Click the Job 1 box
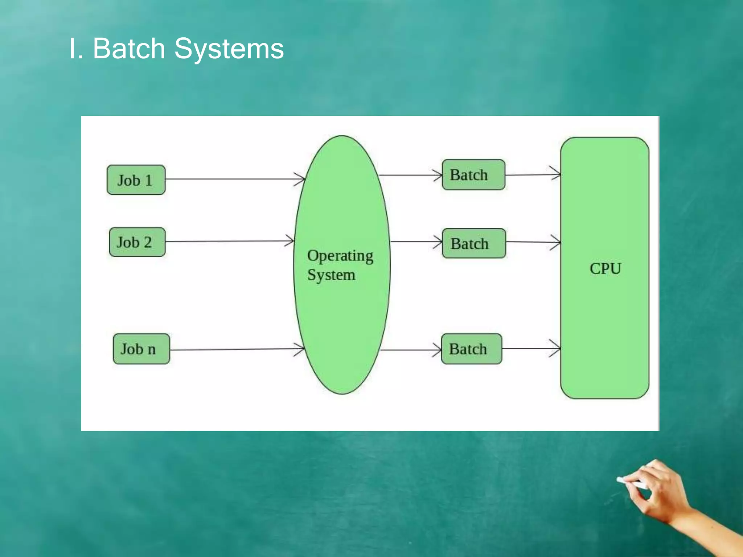(136, 180)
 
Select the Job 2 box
(137, 242)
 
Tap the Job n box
(141, 349)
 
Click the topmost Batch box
(473, 175)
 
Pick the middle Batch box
(473, 243)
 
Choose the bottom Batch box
(471, 349)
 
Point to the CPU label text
(605, 269)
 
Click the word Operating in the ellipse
(340, 256)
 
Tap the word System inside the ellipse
(331, 275)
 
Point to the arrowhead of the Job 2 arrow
(290, 241)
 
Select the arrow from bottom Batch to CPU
(531, 348)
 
